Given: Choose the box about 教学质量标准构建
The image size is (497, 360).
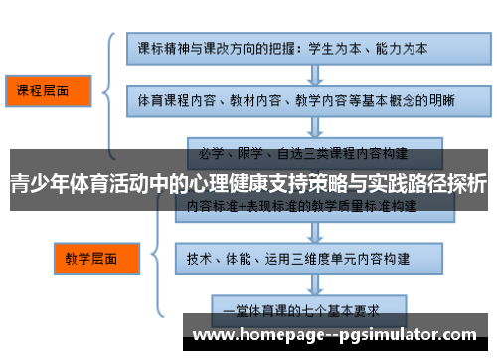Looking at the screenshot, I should click(302, 207).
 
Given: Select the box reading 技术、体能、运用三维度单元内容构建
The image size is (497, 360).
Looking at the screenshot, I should click(302, 257).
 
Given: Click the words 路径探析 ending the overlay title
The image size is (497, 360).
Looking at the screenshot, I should click(445, 184).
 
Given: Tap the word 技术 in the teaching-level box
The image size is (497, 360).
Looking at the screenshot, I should click(200, 257).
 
